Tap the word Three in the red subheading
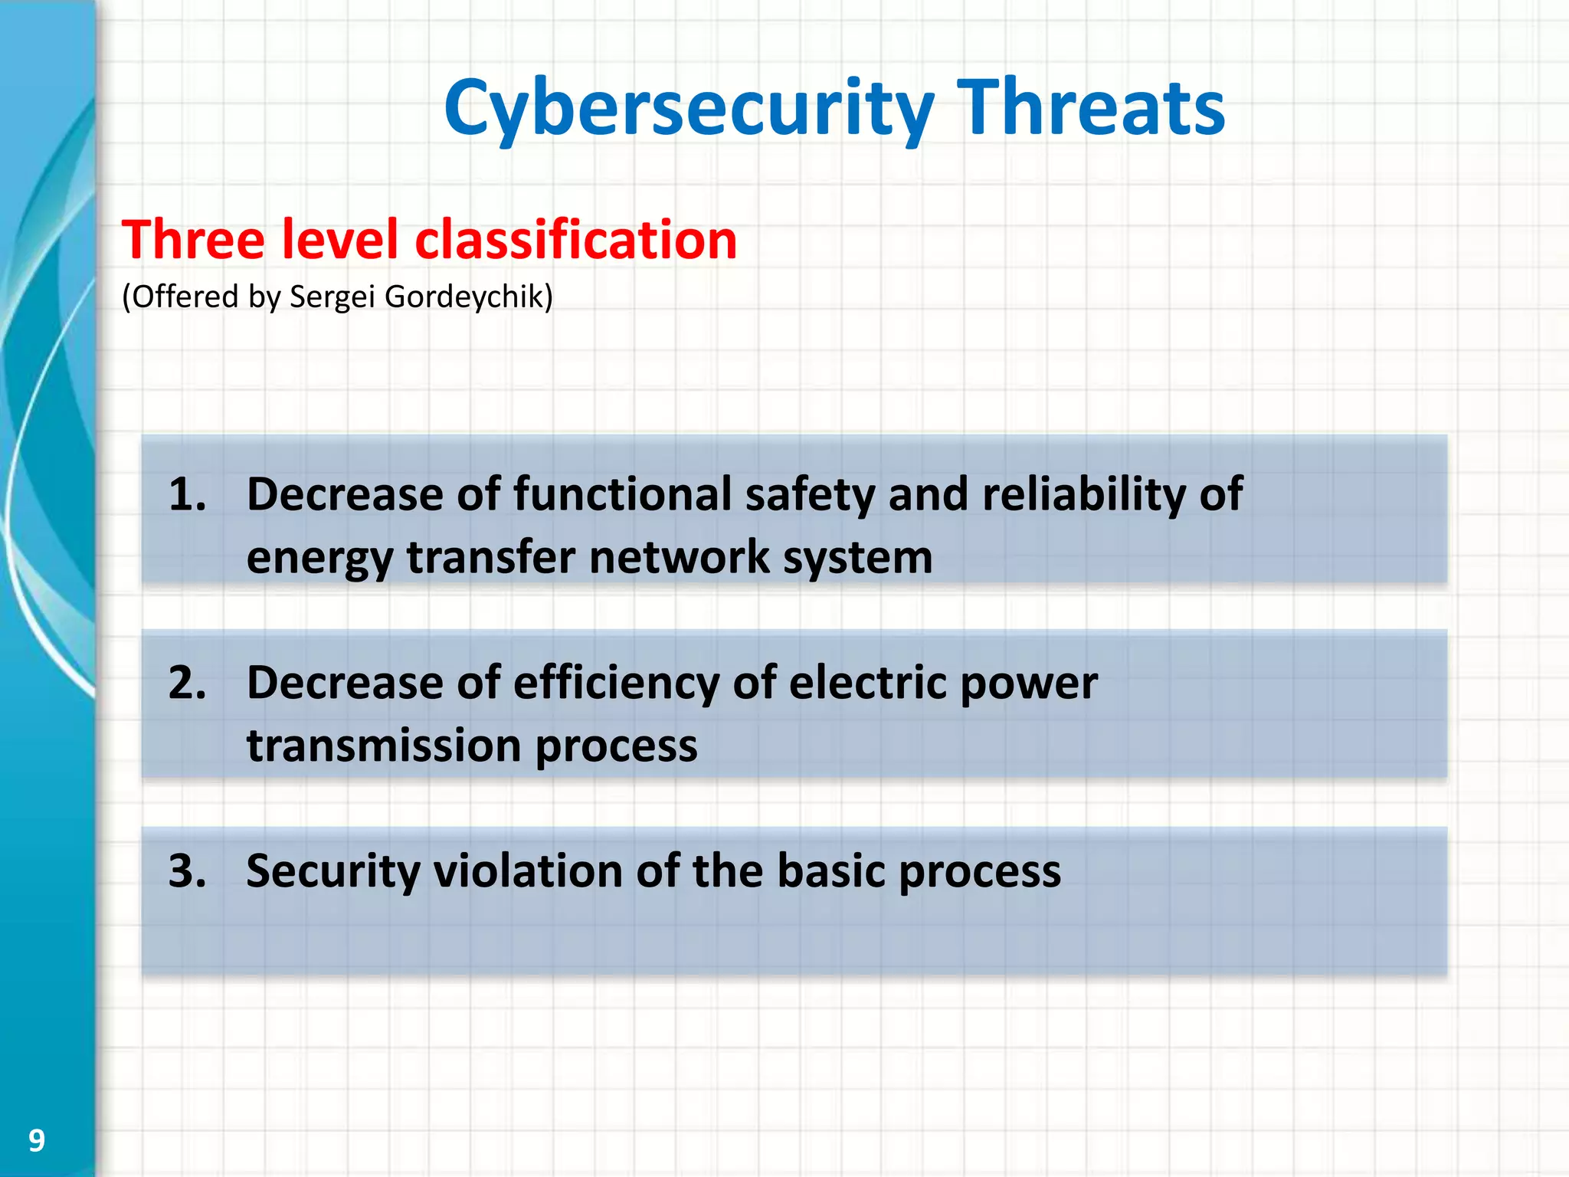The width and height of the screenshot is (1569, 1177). pos(193,240)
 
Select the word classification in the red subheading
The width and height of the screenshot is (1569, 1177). pos(575,240)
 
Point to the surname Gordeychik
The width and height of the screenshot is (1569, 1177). pos(467,297)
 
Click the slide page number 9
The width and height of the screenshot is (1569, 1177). pos(36,1141)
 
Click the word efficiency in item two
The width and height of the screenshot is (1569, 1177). pos(616,683)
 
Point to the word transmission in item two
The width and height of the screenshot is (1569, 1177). pos(384,746)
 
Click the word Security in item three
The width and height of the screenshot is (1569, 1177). pos(332,871)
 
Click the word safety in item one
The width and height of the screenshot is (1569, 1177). pos(810,494)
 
